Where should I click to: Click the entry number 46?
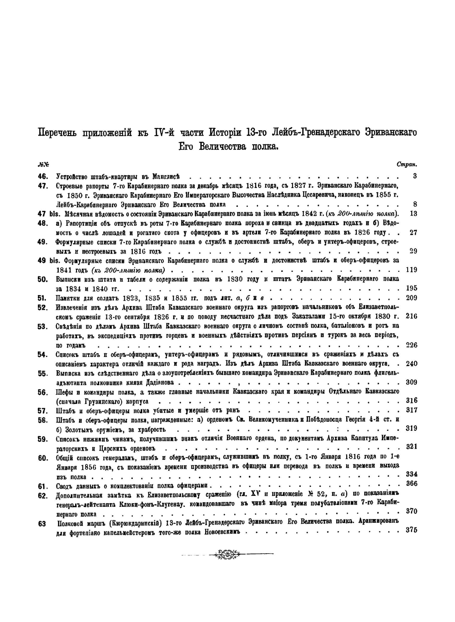(43, 176)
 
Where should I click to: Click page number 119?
(411, 270)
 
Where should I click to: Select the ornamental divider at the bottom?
(227, 554)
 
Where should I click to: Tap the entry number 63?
(42, 524)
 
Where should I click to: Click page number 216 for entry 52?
(411, 316)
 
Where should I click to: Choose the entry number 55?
(43, 373)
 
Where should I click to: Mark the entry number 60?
(43, 458)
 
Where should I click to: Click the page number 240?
(411, 363)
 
